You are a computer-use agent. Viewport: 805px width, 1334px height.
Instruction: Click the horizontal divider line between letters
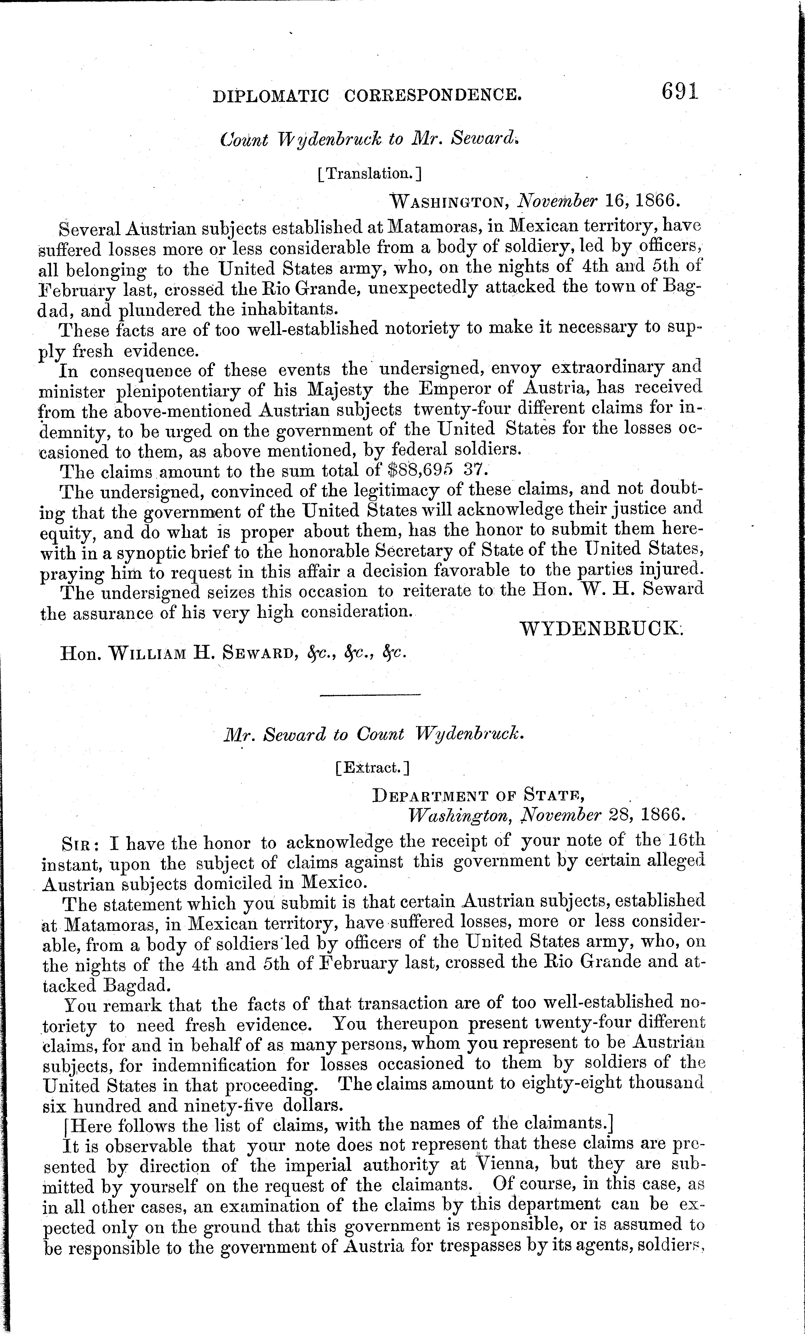click(x=370, y=695)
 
